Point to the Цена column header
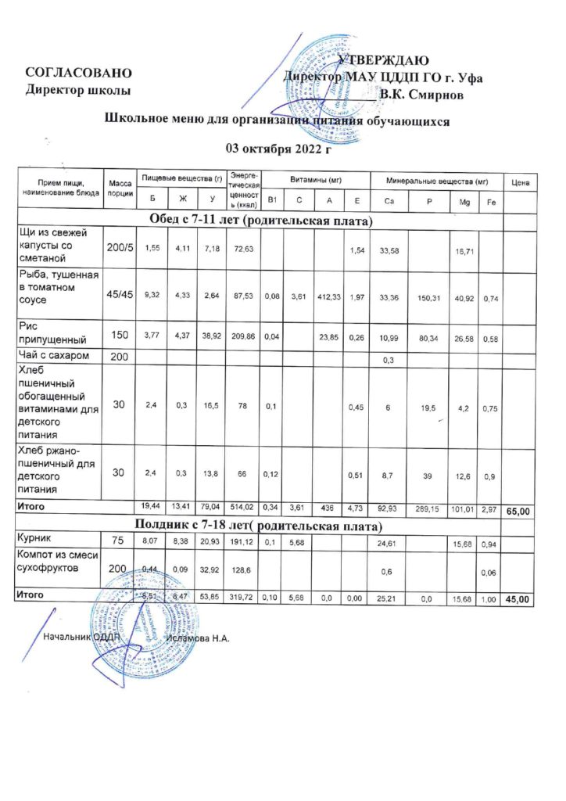[520, 182]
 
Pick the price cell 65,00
[519, 511]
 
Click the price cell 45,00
[519, 598]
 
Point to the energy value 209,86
[241, 335]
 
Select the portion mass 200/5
[120, 247]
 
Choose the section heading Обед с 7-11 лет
[259, 221]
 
